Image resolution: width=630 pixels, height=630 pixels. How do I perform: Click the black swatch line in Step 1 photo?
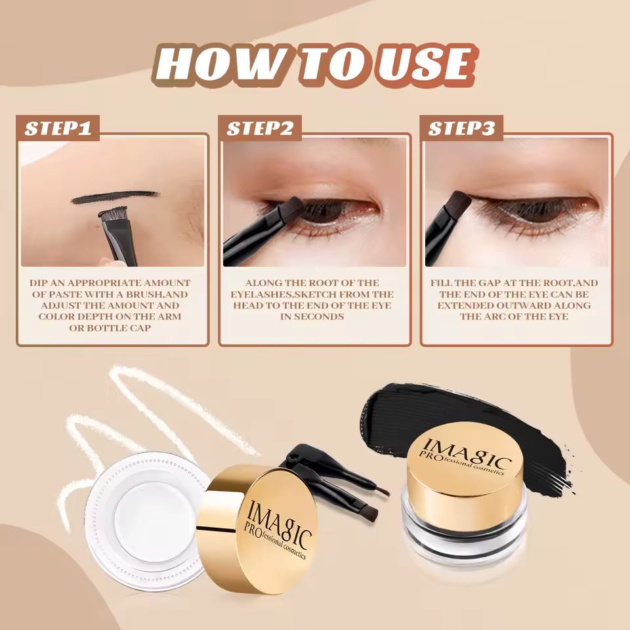coord(115,197)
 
